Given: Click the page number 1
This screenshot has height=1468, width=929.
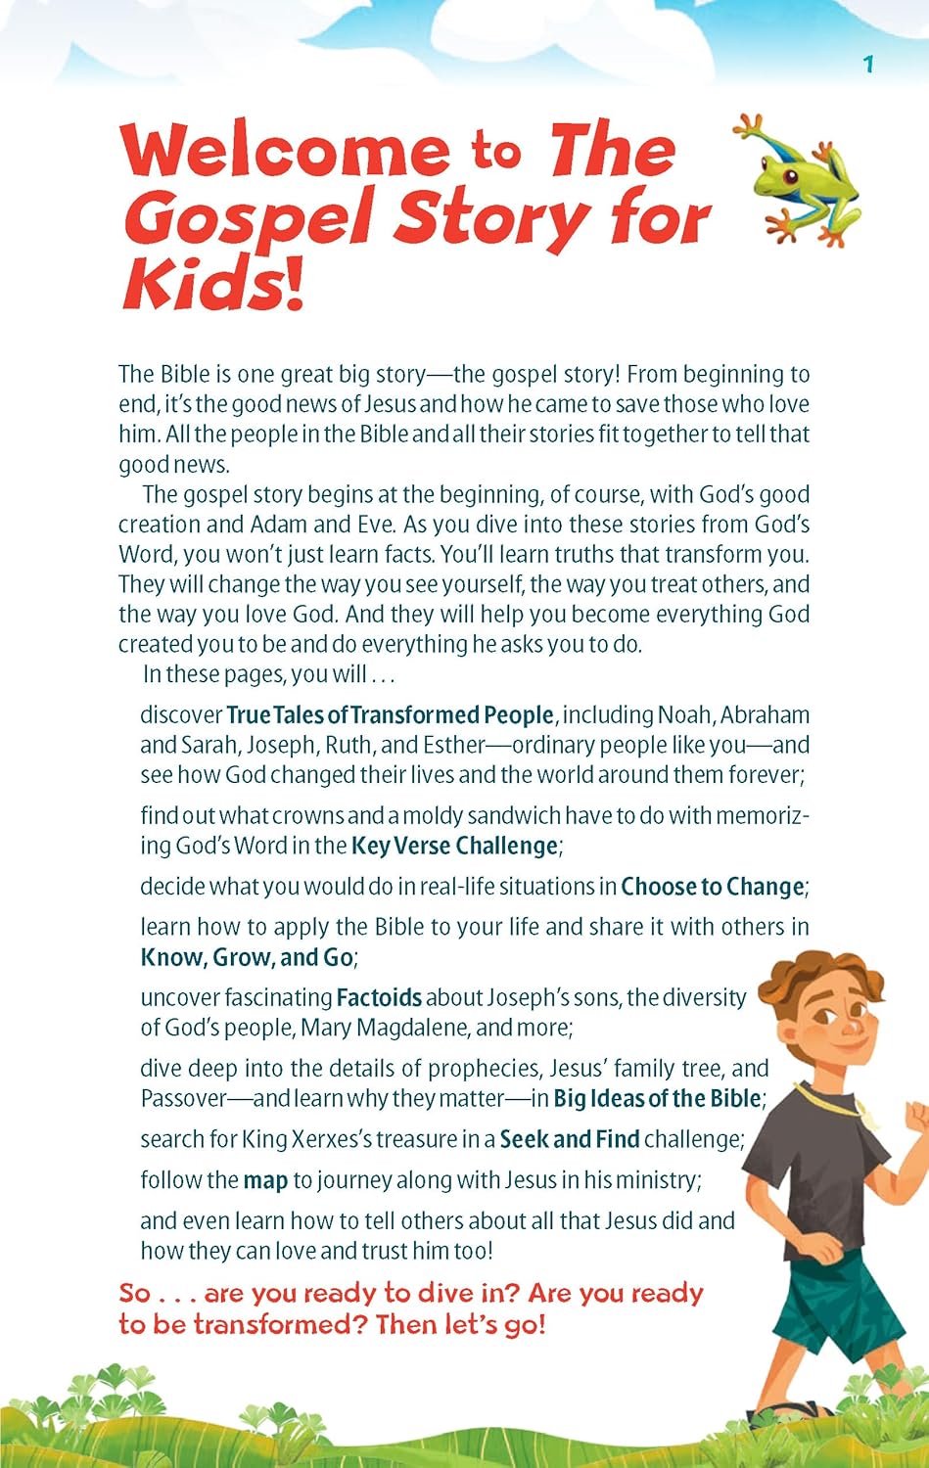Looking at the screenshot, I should pyautogui.click(x=867, y=65).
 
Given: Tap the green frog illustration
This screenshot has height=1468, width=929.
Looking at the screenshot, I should pyautogui.click(x=797, y=180).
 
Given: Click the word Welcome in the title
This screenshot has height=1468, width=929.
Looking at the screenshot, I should pyautogui.click(x=285, y=151).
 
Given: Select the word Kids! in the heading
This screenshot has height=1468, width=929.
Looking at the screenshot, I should pyautogui.click(x=213, y=285).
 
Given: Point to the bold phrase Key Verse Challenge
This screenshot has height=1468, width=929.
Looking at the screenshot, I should pyautogui.click(x=455, y=846).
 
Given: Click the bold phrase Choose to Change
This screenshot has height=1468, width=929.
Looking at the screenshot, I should pyautogui.click(x=712, y=887).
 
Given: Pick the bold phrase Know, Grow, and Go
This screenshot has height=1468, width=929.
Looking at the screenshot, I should pyautogui.click(x=247, y=957).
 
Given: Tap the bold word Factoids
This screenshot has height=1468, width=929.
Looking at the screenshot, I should pyautogui.click(x=379, y=997).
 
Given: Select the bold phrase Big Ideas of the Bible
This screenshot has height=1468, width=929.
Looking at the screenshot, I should pyautogui.click(x=657, y=1098).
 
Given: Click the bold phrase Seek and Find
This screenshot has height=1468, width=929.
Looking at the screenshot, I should pyautogui.click(x=569, y=1139).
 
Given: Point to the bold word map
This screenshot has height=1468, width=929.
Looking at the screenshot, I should pyautogui.click(x=265, y=1180).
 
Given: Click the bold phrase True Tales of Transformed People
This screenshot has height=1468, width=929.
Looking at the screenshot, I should pyautogui.click(x=390, y=715).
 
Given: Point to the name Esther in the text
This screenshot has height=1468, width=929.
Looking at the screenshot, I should pyautogui.click(x=454, y=745).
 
